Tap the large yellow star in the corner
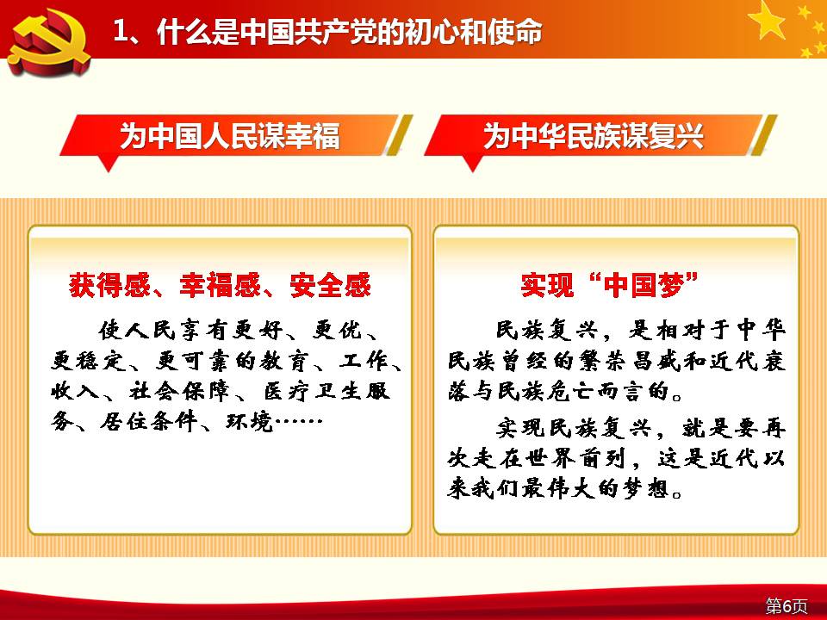(767, 20)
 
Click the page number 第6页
(787, 605)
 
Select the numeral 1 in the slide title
(121, 32)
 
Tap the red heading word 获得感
(109, 285)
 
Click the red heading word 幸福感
(220, 285)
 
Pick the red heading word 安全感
(331, 285)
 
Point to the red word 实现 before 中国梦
(547, 285)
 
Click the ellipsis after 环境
(299, 422)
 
